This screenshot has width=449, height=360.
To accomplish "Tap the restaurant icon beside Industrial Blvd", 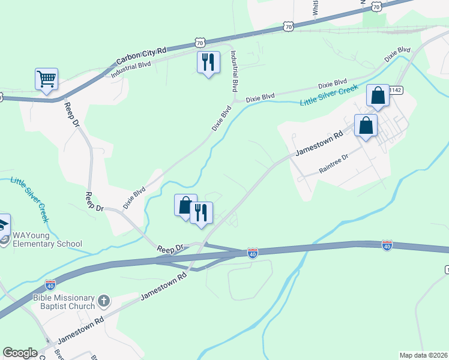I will (x=208, y=62).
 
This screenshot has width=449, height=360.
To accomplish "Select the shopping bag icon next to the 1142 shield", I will (x=378, y=95).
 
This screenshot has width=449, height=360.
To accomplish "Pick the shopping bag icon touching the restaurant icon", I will (x=185, y=205).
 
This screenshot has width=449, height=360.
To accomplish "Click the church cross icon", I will (x=104, y=300).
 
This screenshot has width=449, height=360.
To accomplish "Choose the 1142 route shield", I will (x=395, y=89).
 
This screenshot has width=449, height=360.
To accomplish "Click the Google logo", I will (x=20, y=353).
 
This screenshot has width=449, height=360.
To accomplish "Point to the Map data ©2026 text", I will (x=423, y=355).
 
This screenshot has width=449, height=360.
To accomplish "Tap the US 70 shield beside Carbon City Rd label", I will (x=200, y=41).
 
